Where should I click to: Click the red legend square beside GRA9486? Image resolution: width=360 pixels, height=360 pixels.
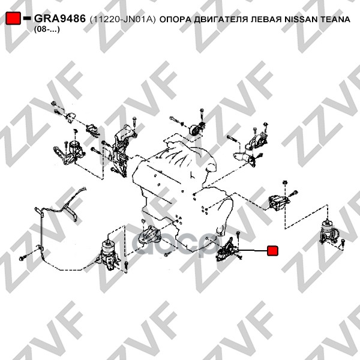pyautogui.click(x=13, y=18)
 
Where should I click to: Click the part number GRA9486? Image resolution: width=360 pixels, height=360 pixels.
pyautogui.click(x=60, y=19)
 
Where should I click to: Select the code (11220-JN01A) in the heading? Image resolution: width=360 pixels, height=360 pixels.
pyautogui.click(x=122, y=19)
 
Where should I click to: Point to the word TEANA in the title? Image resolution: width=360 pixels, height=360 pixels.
pyautogui.click(x=335, y=19)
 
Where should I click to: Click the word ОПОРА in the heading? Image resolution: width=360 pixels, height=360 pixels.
pyautogui.click(x=175, y=19)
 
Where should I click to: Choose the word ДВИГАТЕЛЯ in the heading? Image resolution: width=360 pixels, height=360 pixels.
pyautogui.click(x=221, y=20)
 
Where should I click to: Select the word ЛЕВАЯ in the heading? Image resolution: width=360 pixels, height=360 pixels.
pyautogui.click(x=266, y=19)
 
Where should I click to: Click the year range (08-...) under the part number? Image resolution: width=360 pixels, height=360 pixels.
pyautogui.click(x=47, y=29)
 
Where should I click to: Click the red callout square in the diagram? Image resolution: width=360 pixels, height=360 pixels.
pyautogui.click(x=272, y=250)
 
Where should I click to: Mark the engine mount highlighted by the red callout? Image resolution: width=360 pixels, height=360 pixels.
pyautogui.click(x=228, y=250)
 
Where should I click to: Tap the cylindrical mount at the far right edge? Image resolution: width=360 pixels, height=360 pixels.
pyautogui.click(x=329, y=232)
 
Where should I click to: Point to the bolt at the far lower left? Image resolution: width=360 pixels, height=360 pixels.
pyautogui.click(x=22, y=258)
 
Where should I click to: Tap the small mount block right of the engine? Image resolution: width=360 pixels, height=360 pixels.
pyautogui.click(x=278, y=202)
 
